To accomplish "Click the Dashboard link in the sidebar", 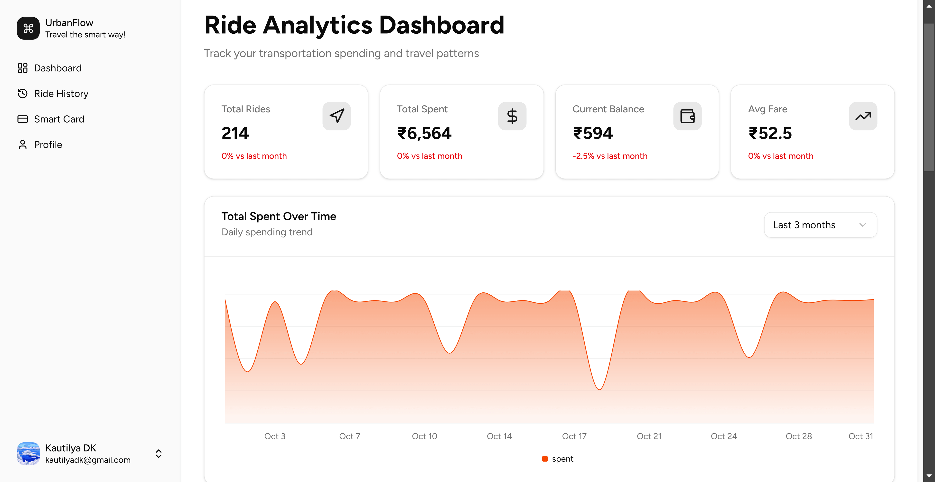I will tap(57, 68).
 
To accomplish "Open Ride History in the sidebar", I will tap(61, 94).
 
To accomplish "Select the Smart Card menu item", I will tap(59, 119).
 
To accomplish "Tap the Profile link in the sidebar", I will tap(48, 145).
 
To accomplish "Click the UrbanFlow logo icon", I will tap(28, 28).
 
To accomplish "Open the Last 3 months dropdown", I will tap(820, 225).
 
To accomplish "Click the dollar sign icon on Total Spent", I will tap(512, 116).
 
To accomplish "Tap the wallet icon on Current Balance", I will tap(687, 116).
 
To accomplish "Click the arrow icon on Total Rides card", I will tap(337, 116).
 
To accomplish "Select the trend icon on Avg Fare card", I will tap(863, 116).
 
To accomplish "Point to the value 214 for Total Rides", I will tap(235, 133).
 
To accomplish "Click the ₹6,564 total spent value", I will tap(424, 133).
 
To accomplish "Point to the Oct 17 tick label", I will tap(574, 436).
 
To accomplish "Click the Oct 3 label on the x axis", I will tap(275, 436).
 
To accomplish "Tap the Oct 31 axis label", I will tap(860, 436).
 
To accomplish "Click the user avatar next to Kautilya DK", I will tap(28, 454).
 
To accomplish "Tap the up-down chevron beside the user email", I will tap(159, 454).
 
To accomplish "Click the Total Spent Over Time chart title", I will tap(279, 216).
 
